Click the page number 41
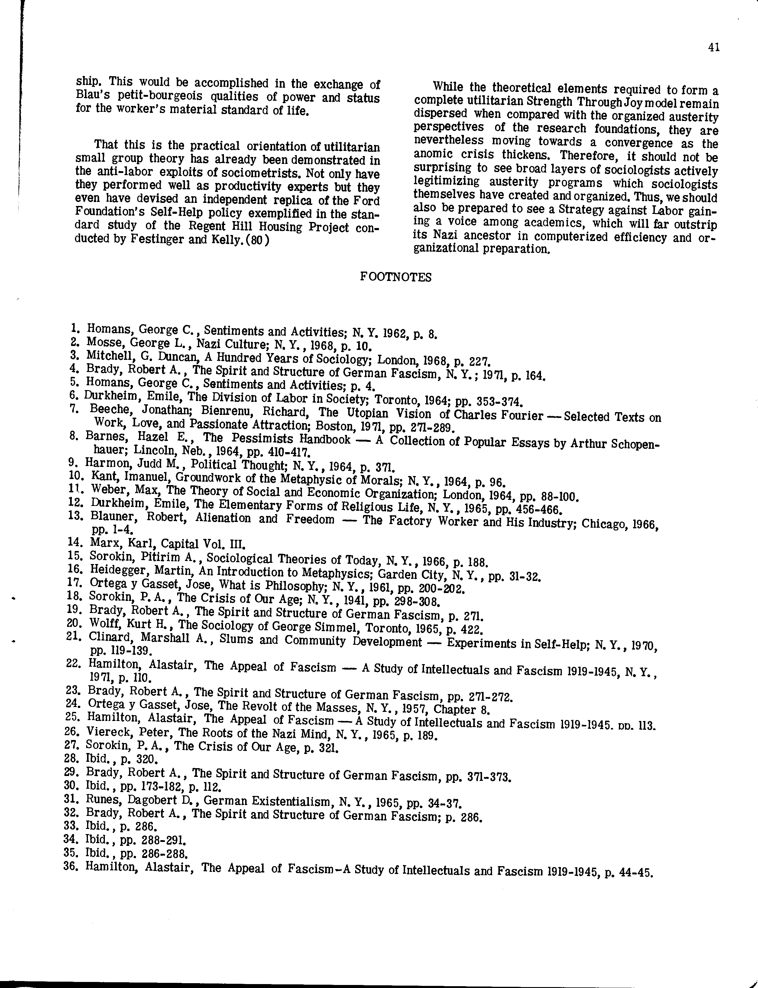pos(714,48)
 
